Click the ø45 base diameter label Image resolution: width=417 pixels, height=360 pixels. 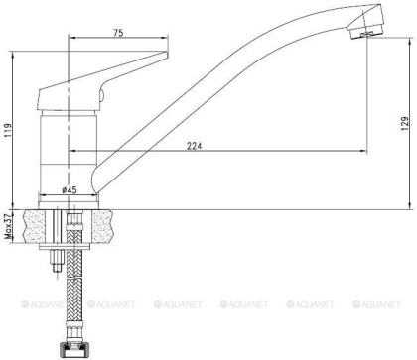tap(70, 188)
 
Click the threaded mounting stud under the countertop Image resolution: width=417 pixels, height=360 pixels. tap(56, 260)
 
